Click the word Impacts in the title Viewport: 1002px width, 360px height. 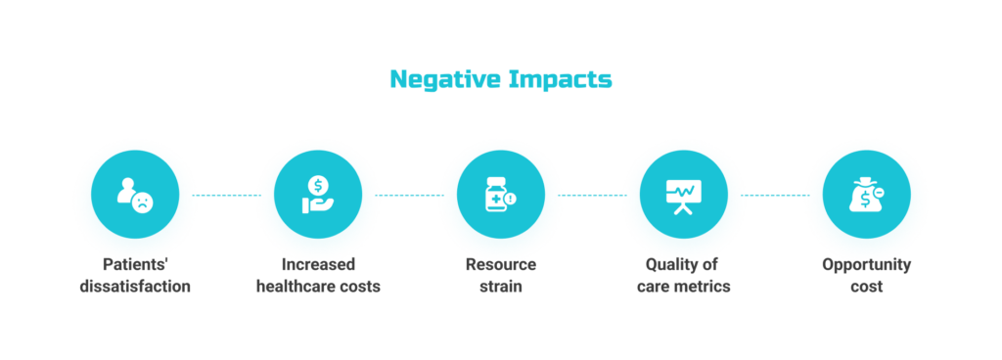coord(560,79)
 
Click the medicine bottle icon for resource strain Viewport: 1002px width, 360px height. coord(499,195)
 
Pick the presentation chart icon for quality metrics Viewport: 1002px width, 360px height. coord(682,195)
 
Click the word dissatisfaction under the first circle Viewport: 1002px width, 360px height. coord(135,287)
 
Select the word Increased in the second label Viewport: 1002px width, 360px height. coord(318,265)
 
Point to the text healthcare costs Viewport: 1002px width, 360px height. coord(318,287)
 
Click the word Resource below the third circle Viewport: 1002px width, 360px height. coord(500,265)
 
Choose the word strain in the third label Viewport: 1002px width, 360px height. coord(500,287)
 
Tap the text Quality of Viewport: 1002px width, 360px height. coord(683,265)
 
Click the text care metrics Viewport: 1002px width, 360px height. coord(683,287)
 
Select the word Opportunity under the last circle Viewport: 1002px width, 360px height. coord(866,265)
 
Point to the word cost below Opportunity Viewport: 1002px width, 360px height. coord(866,287)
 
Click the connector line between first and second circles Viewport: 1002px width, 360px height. coord(226,195)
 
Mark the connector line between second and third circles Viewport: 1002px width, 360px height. coord(408,195)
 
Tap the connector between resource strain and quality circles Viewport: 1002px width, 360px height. coord(591,195)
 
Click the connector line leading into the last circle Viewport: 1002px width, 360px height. coord(774,195)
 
